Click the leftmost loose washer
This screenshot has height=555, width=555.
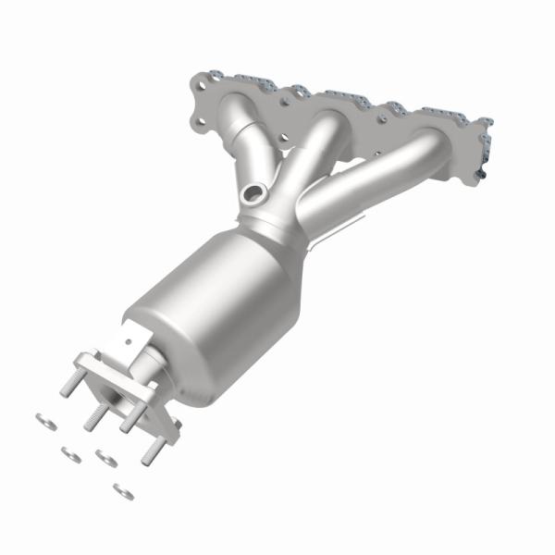(43, 421)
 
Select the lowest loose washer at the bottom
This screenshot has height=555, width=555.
(122, 491)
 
